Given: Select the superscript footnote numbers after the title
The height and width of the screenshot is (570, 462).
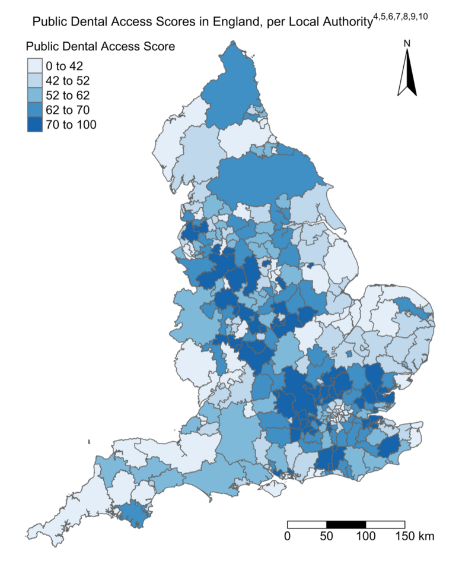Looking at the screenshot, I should (x=400, y=16).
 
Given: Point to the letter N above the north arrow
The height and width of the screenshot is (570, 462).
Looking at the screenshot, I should (x=407, y=43).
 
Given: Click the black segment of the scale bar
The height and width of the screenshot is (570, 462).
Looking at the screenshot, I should (x=346, y=525).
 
